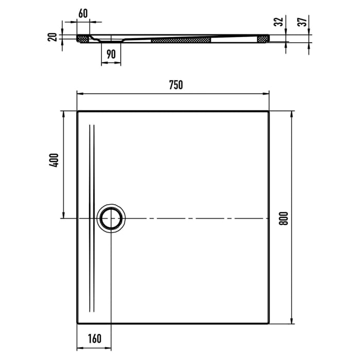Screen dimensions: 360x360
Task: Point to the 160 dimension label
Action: pos(94,338)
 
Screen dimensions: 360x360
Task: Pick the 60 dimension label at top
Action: pos(83,13)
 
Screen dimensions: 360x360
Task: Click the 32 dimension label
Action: pos(278,22)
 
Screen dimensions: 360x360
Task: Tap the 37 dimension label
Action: pos(303,22)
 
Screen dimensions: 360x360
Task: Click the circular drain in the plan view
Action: pos(111,219)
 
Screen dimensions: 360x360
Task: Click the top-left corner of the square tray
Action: pos(78,111)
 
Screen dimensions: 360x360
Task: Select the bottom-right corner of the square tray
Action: pos(268,323)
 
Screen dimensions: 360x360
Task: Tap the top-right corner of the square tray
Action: pos(268,111)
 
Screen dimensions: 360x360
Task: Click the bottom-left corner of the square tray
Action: pos(78,323)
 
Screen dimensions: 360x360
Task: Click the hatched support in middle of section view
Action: pos(181,39)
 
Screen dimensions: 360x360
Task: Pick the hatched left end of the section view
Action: pos(82,38)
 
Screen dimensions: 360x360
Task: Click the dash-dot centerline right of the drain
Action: pos(195,219)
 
